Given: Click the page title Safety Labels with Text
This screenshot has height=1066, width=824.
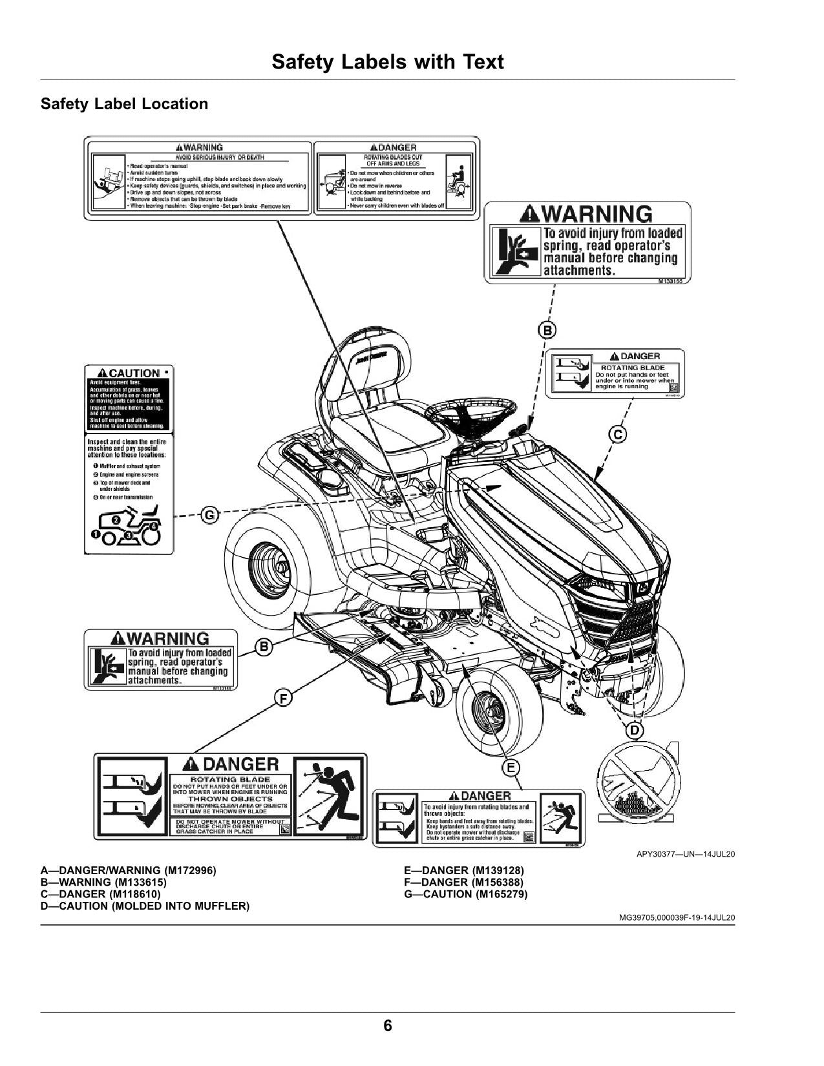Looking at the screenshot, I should (387, 62).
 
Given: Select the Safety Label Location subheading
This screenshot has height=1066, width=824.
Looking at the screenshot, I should (124, 104).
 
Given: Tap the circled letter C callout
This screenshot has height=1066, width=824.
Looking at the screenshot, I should (618, 434).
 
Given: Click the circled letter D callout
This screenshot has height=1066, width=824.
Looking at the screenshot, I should (635, 730).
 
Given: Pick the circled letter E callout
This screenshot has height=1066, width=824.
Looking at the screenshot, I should (511, 768).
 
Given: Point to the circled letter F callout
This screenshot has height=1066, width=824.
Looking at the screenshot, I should (282, 698).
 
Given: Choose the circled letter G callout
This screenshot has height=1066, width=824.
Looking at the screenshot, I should (210, 515).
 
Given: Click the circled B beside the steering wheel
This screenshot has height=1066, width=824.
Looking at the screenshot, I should (547, 331).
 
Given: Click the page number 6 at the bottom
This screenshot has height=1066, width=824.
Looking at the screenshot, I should (388, 1025).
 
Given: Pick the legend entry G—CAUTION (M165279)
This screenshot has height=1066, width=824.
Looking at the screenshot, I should (465, 894).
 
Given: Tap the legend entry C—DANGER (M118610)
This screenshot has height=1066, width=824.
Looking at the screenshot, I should (100, 894).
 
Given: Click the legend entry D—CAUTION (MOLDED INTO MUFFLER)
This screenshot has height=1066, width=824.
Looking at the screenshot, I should (145, 906).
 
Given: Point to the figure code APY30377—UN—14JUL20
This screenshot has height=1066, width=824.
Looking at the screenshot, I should (686, 855).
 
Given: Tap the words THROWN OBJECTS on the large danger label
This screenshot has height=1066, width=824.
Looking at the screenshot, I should (230, 799).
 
